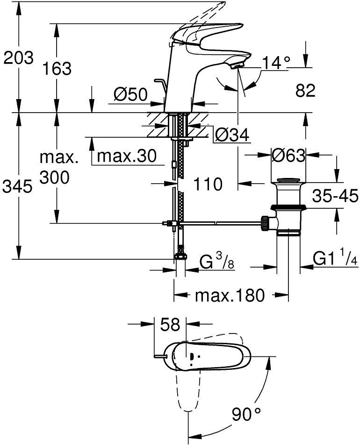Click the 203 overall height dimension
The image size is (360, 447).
tap(18, 58)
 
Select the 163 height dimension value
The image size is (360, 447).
tap(57, 68)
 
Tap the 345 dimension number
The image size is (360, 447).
tap(17, 187)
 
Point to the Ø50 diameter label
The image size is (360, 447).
tap(130, 94)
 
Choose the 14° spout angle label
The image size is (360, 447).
tap(276, 63)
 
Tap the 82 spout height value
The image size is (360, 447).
tap(305, 90)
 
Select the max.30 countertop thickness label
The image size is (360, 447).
tap(127, 156)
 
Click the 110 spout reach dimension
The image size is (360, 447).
tap(208, 184)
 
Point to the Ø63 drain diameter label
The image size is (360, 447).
tap(288, 156)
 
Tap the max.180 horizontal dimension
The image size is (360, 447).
tap(230, 295)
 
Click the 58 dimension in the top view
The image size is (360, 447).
tap(170, 325)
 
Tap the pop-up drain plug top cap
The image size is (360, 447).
tap(288, 181)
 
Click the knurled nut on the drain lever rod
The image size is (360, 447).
tap(265, 223)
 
